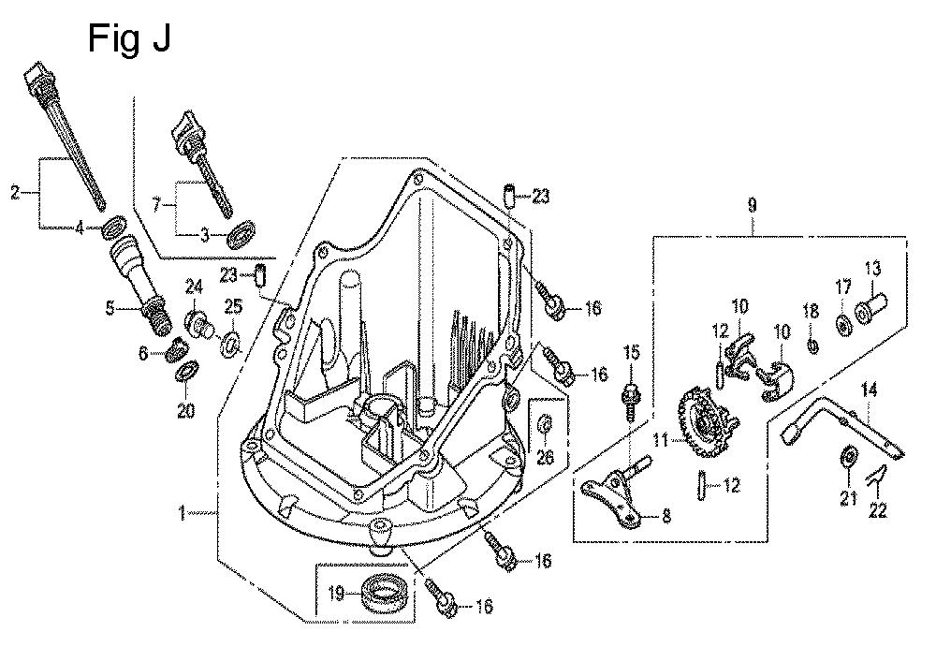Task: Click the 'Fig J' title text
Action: click(x=129, y=39)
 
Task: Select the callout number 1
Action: click(x=183, y=512)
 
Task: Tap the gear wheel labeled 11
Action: click(x=698, y=427)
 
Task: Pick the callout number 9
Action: click(x=752, y=203)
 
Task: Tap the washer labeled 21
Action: click(x=848, y=457)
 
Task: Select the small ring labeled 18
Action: click(x=812, y=346)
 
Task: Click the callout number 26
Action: click(x=547, y=458)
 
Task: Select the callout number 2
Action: click(x=14, y=194)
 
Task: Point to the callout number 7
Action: click(x=157, y=202)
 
